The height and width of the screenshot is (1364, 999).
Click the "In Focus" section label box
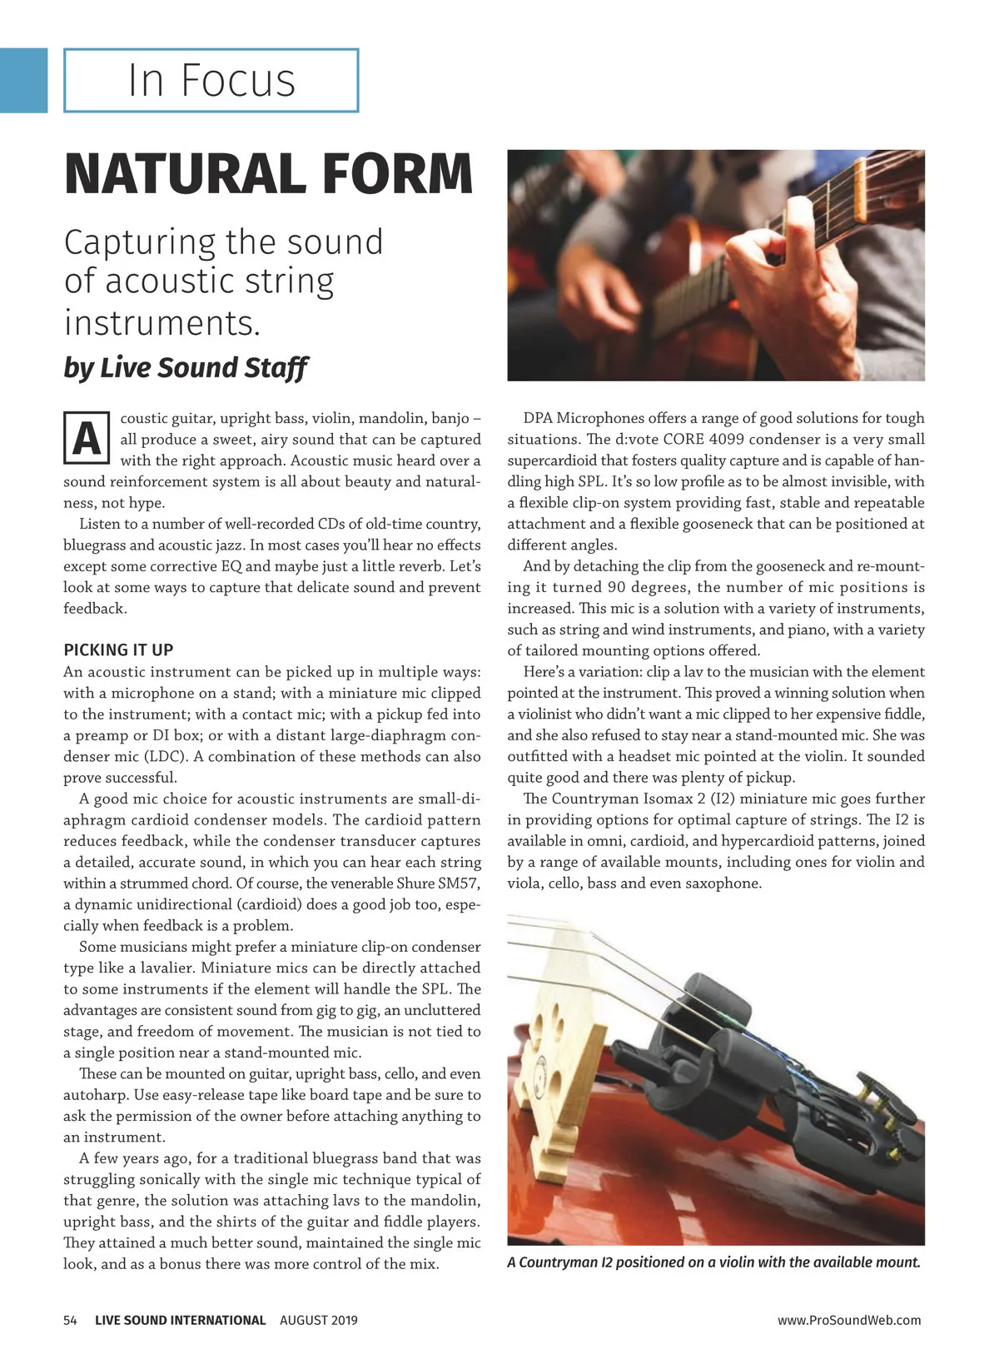[x=211, y=80]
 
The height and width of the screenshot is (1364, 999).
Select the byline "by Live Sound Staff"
[x=186, y=367]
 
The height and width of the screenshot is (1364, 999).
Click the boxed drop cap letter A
[x=87, y=438]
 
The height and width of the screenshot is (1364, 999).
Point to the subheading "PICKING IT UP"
[x=118, y=650]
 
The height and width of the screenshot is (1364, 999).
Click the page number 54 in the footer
[x=71, y=1320]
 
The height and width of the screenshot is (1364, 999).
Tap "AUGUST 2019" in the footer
[x=318, y=1320]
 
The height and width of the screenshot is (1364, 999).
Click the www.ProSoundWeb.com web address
[x=849, y=1320]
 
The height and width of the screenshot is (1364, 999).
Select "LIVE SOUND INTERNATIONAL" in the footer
[x=180, y=1320]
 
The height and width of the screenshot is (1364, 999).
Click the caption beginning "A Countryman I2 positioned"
[x=713, y=1262]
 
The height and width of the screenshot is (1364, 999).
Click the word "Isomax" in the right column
[x=673, y=799]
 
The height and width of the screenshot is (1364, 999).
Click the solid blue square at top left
[x=23, y=80]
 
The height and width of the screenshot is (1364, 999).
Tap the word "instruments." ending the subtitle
[x=162, y=322]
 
